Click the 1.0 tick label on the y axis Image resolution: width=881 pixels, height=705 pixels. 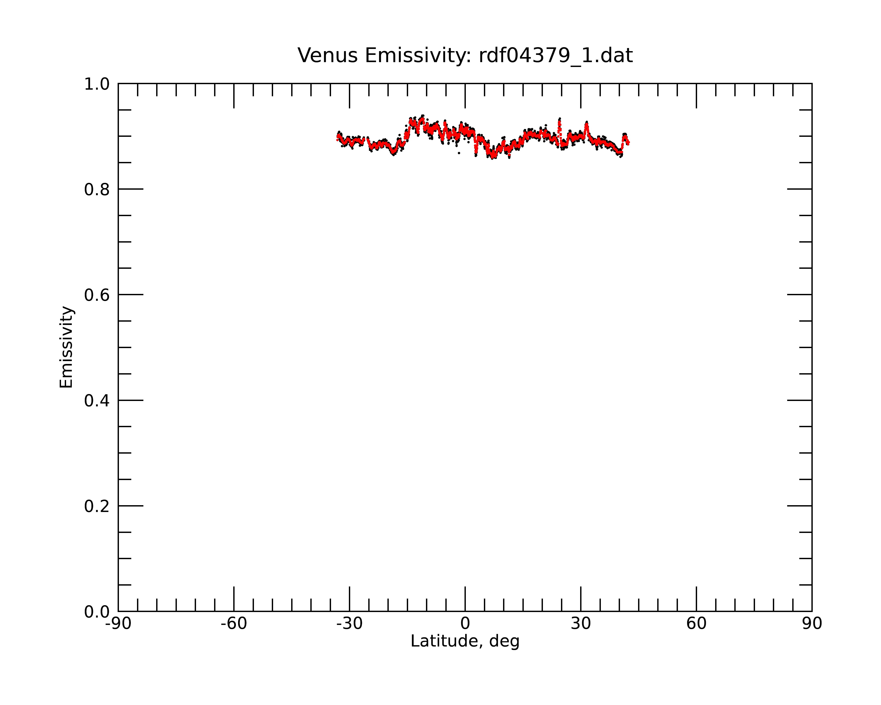coord(97,85)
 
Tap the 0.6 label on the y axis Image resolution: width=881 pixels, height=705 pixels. coord(97,295)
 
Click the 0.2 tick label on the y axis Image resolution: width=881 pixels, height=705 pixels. coord(97,506)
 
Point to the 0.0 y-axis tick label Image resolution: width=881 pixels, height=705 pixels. coord(97,612)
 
